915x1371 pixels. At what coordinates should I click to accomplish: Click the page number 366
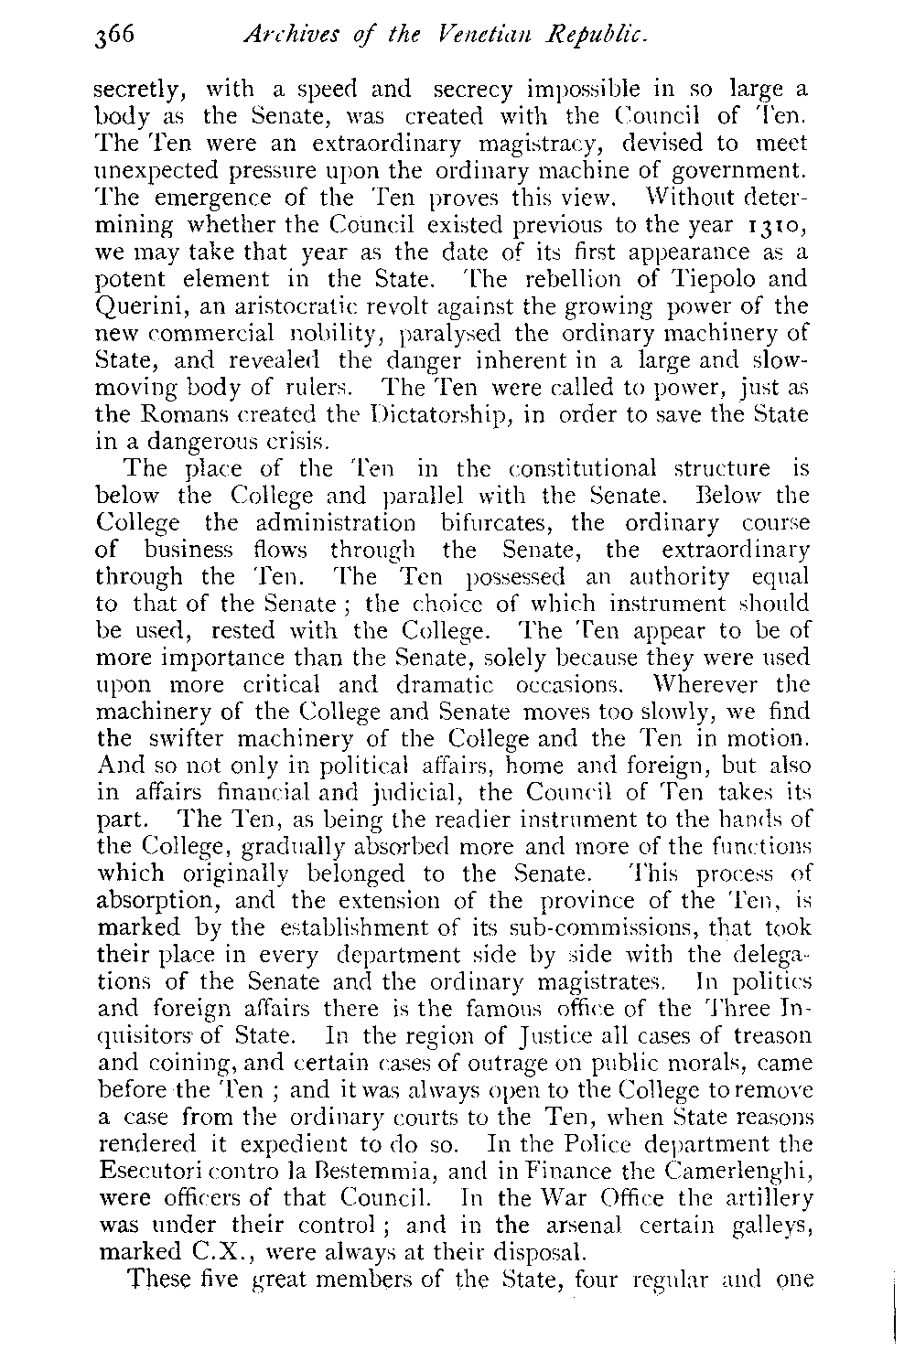(114, 37)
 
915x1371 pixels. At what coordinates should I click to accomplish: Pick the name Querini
(140, 305)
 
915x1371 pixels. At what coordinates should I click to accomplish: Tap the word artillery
(766, 1197)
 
